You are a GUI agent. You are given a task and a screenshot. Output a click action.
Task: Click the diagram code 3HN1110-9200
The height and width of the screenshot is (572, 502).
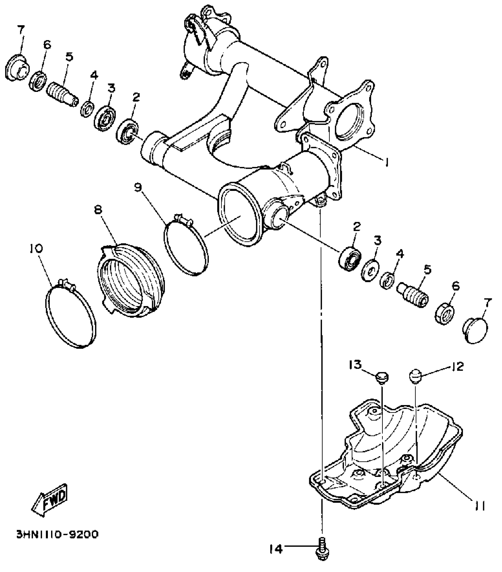tap(57, 534)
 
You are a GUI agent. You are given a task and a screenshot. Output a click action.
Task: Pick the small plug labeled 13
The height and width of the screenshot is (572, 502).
tap(382, 378)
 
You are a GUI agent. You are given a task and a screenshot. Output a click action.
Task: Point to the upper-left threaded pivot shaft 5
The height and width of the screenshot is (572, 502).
tap(63, 93)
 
